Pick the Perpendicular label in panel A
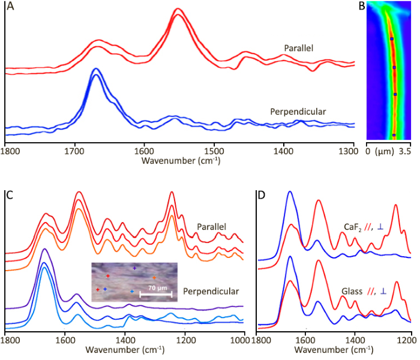pyautogui.click(x=298, y=112)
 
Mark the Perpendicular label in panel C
pyautogui.click(x=211, y=292)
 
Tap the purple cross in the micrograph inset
pyautogui.click(x=134, y=268)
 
